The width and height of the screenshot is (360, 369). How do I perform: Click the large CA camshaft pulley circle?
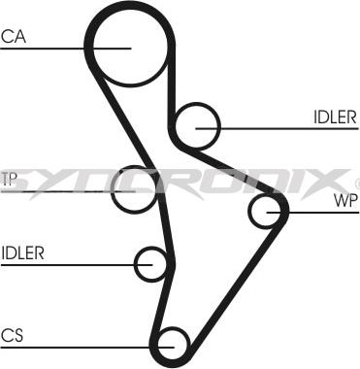point(130,47)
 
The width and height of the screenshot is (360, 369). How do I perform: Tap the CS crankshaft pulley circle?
point(171,341)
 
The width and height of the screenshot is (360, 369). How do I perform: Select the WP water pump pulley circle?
point(268,209)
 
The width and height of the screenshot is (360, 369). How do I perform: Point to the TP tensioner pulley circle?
point(133,189)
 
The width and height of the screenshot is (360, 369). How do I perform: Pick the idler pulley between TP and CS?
point(152,262)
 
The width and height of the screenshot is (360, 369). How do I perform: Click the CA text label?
point(13,37)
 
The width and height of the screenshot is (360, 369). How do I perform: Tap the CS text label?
point(12,335)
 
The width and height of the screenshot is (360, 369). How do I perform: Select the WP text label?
point(345,202)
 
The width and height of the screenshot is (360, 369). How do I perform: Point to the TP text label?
point(10,179)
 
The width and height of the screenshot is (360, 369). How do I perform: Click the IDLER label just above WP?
point(334,117)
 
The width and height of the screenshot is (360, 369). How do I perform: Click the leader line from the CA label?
point(58,47)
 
